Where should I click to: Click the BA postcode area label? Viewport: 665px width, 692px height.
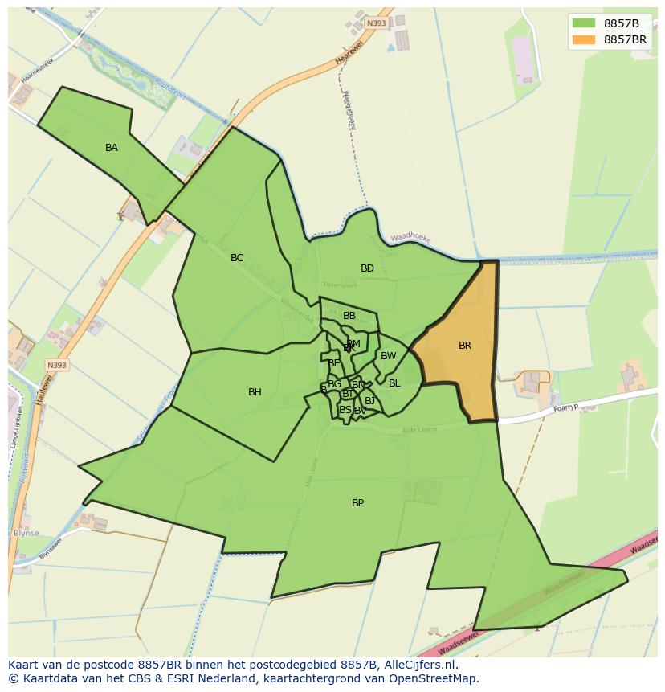[x=112, y=148]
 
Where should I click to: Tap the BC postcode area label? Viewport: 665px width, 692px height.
[x=237, y=258]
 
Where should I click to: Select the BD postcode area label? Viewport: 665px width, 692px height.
[x=367, y=268]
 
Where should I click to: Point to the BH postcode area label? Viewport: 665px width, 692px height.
[x=255, y=392]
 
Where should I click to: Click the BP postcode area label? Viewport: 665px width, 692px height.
[x=357, y=503]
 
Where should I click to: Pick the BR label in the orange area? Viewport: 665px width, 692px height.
[x=465, y=346]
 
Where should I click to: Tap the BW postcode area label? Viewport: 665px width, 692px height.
[x=388, y=356]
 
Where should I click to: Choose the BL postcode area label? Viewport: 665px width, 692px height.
[x=394, y=383]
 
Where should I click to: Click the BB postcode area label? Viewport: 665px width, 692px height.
[x=349, y=316]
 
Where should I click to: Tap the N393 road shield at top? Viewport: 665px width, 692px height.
[x=376, y=23]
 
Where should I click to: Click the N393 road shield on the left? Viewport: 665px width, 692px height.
[x=57, y=365]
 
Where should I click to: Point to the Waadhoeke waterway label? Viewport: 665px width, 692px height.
[x=410, y=239]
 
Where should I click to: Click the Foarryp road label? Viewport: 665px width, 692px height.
[x=566, y=408]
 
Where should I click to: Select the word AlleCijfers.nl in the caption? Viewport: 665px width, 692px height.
[x=418, y=665]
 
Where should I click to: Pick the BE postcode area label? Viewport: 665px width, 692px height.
[x=334, y=363]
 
